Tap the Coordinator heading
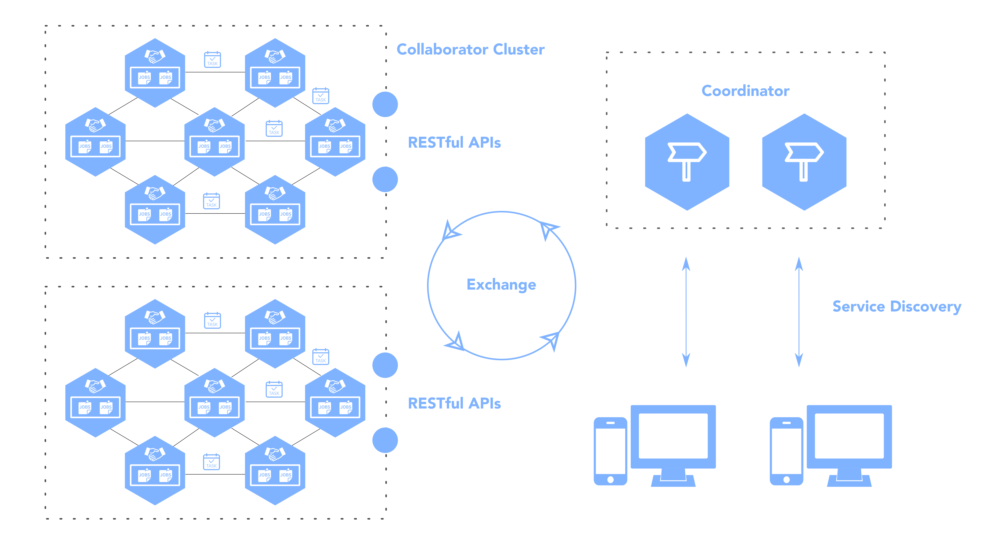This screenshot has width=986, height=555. pos(745,91)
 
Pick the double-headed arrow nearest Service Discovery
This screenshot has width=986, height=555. pos(799,312)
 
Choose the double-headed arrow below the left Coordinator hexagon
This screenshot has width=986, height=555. pos(686,312)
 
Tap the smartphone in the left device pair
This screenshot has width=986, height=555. pos(610,451)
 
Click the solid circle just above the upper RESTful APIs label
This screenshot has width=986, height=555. pos(385,104)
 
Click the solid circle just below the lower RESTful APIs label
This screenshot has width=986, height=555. pos(385,440)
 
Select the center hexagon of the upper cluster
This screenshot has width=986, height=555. pos(214,142)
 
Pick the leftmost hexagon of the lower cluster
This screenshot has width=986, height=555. pos(95,403)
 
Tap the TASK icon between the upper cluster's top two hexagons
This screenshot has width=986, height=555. pos(212,60)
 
